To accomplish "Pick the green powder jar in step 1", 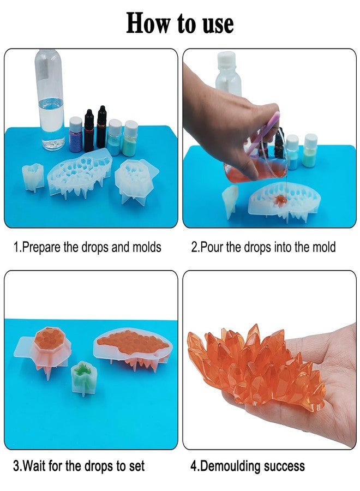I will click(x=130, y=139).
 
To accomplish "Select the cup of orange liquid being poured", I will click(x=248, y=166).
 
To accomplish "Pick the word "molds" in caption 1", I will click(x=147, y=247).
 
